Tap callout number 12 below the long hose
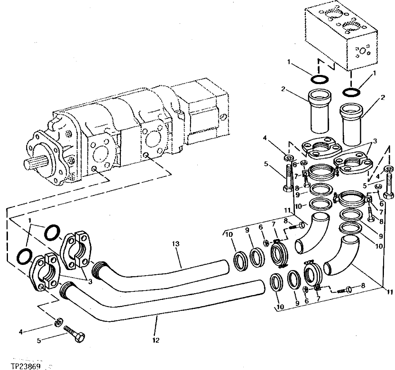(x=155, y=340)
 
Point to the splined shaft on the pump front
(x=37, y=161)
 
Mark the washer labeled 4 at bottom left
(x=58, y=321)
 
